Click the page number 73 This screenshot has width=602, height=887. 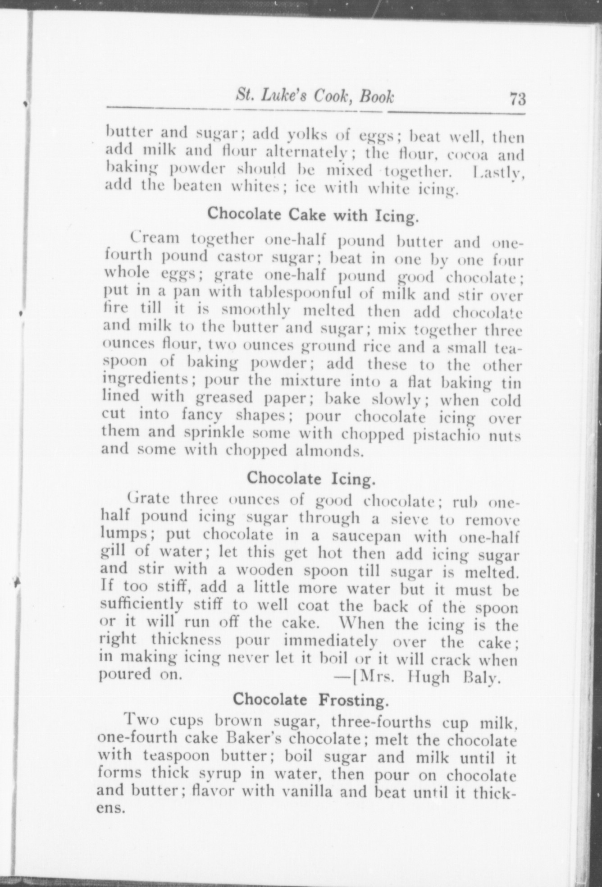[x=518, y=98]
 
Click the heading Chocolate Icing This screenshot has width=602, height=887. [x=311, y=478]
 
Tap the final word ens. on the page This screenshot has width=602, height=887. [x=111, y=809]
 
